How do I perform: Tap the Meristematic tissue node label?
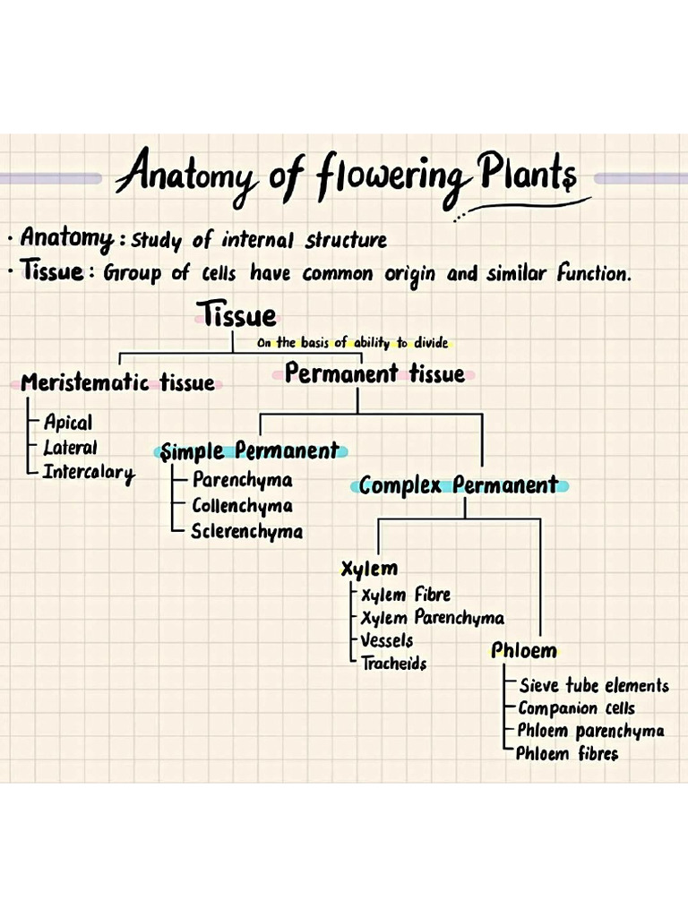point(117,383)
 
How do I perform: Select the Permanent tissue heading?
point(374,373)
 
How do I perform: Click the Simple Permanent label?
point(250,451)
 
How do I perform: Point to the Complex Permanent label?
point(459,486)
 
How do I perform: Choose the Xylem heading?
point(369,569)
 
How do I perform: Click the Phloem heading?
point(524,651)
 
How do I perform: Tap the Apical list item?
point(67,423)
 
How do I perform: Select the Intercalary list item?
point(89,473)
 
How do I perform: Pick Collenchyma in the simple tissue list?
point(242,506)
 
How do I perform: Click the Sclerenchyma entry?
point(246,532)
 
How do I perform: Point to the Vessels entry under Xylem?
point(386,641)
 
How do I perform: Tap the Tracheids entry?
point(393,664)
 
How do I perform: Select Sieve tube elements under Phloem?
point(594,686)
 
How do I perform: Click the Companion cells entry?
point(576,708)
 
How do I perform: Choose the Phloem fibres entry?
point(567,754)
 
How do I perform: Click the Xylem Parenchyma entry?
point(432,618)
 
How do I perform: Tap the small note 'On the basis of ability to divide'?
point(352,343)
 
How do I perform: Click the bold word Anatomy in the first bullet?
point(66,239)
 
